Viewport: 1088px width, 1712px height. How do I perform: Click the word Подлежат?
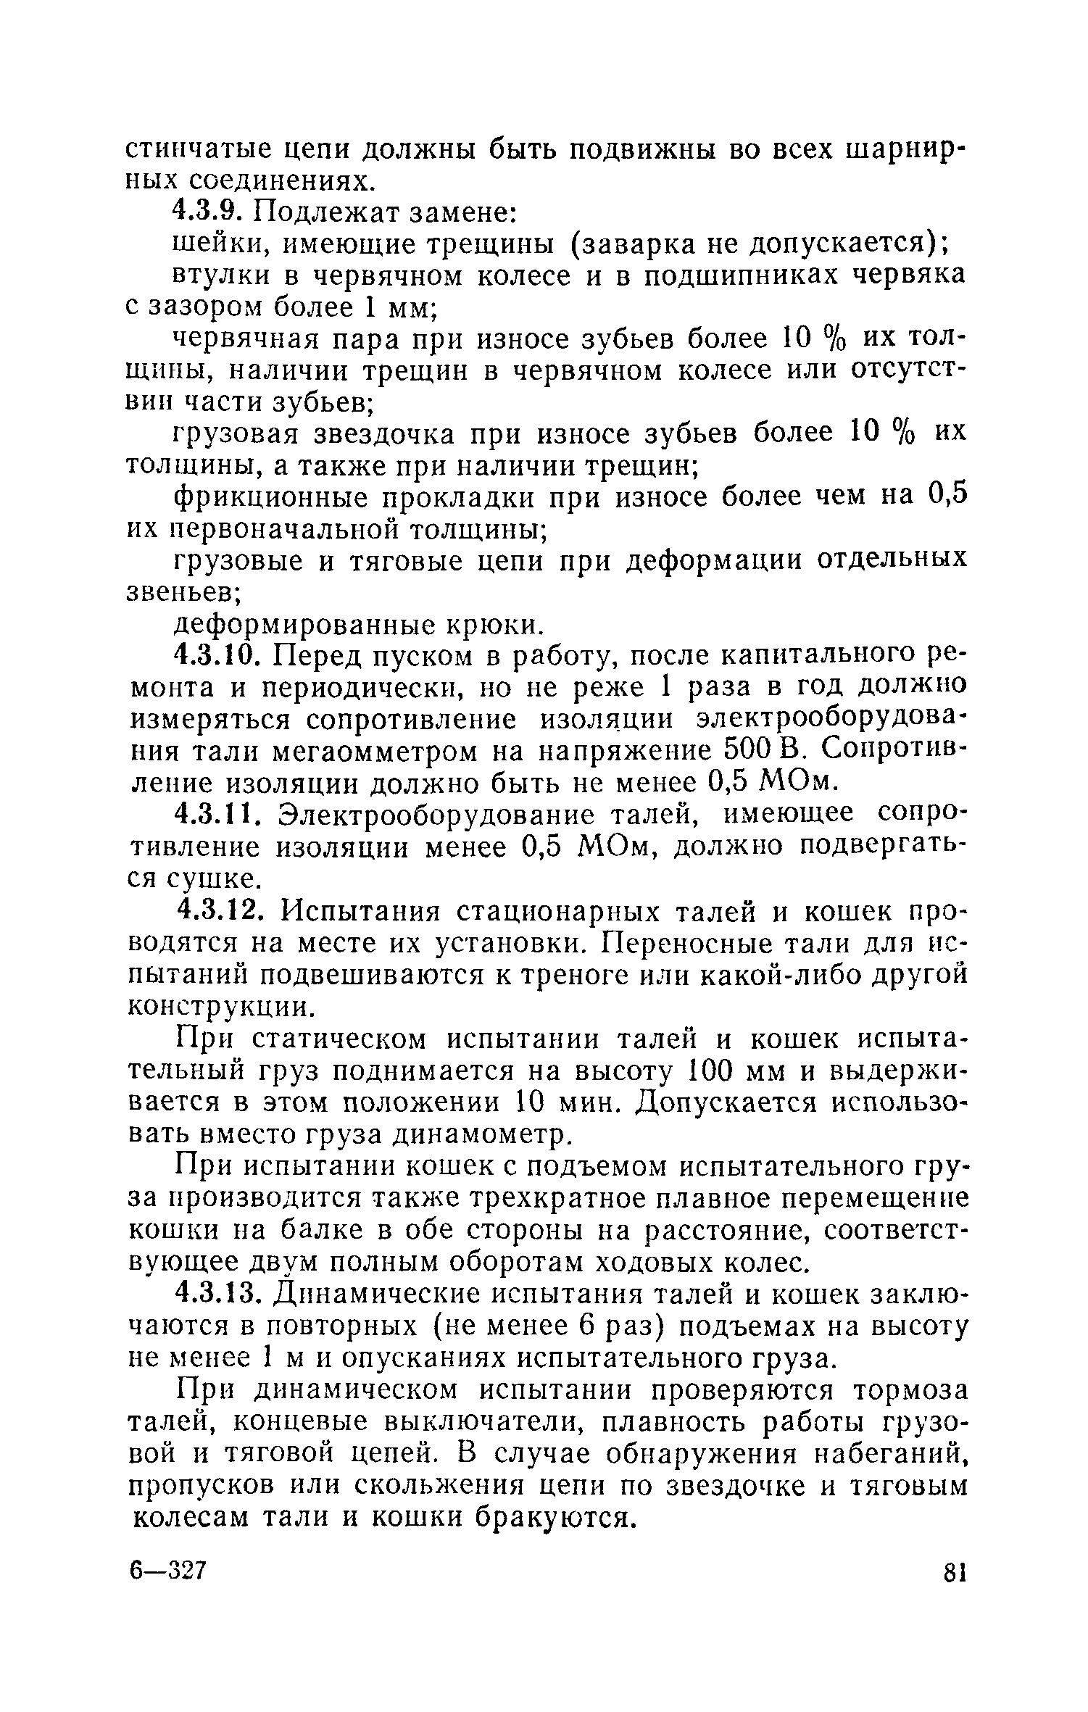(315, 214)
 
